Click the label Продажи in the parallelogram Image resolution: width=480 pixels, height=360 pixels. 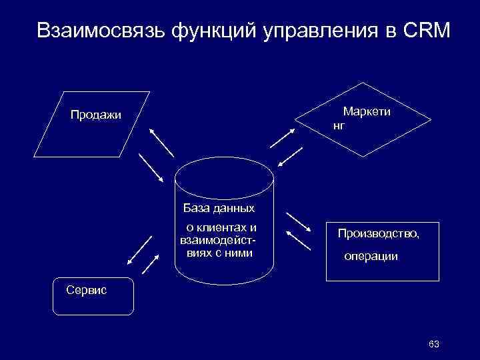pos(96,115)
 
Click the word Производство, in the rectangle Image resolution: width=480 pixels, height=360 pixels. pos(379,233)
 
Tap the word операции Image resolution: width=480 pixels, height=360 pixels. pos(371,256)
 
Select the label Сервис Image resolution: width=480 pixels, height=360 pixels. pos(82,289)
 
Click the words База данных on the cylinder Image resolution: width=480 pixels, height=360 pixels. pos(219,208)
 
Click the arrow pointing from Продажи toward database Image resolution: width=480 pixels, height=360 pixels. pos(151,168)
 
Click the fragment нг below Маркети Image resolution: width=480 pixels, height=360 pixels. pos(339,125)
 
